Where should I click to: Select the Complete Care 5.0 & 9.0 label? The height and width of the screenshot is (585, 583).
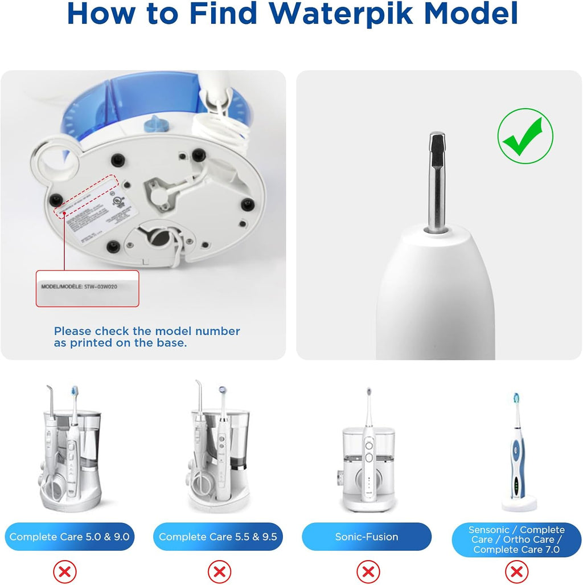pyautogui.click(x=69, y=537)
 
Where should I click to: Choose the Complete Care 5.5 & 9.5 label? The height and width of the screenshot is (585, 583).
pyautogui.click(x=218, y=537)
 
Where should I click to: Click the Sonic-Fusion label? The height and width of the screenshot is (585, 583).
pyautogui.click(x=367, y=537)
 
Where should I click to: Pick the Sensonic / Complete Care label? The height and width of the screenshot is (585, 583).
pyautogui.click(x=516, y=539)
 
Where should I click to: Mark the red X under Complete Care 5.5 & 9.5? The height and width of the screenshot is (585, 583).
pyautogui.click(x=218, y=571)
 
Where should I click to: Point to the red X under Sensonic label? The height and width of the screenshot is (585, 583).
pyautogui.click(x=516, y=571)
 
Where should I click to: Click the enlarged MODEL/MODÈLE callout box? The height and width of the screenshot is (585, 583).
pyautogui.click(x=88, y=288)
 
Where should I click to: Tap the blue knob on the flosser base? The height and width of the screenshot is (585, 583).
pyautogui.click(x=153, y=122)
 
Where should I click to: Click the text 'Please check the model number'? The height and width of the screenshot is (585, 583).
pyautogui.click(x=147, y=331)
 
